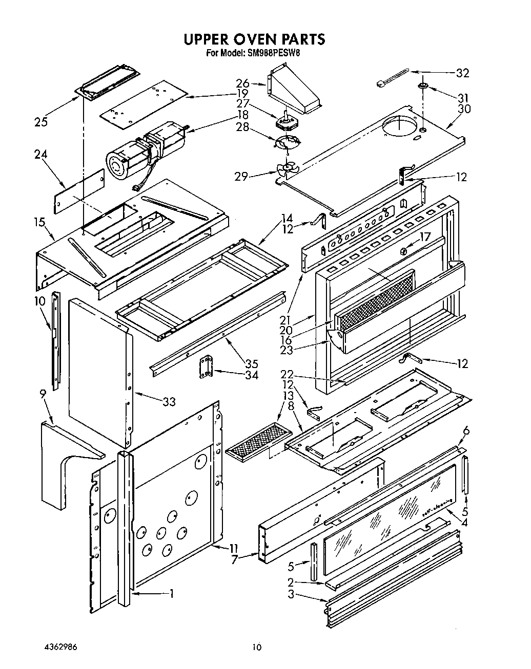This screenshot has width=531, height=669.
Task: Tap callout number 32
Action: [462, 73]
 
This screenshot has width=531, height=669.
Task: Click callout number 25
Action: [41, 122]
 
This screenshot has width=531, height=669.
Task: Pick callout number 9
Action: [43, 394]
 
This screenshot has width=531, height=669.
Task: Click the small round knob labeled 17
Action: [403, 251]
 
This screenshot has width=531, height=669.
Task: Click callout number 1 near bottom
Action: [172, 593]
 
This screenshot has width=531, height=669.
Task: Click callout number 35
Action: [251, 364]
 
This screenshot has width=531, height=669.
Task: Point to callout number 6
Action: [465, 431]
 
